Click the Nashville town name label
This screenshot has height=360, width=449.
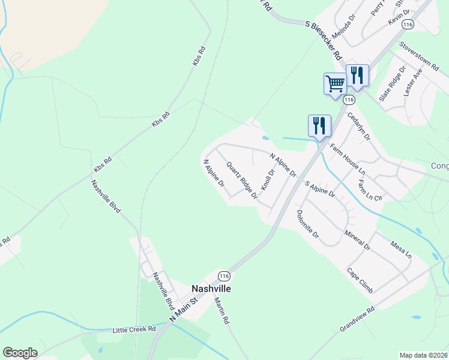click(x=211, y=288)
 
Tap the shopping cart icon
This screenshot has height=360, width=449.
click(x=335, y=83)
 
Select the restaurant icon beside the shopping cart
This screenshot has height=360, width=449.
click(x=357, y=74)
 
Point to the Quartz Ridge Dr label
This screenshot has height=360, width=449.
click(x=242, y=180)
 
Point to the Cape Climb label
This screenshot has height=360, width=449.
click(x=360, y=280)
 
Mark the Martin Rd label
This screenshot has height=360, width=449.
click(x=221, y=312)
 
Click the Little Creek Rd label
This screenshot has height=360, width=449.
click(x=134, y=329)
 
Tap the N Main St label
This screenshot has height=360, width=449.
click(x=184, y=310)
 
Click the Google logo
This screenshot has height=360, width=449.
click(x=20, y=353)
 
